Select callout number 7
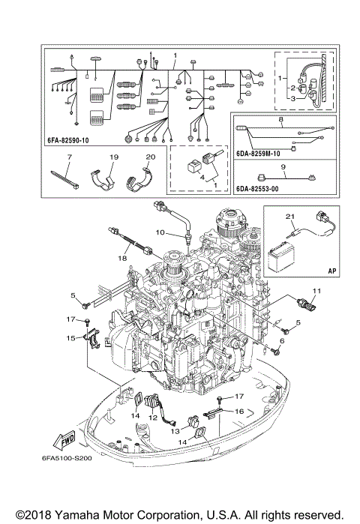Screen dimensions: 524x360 (69, 158)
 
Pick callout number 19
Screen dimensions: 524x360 (114, 158)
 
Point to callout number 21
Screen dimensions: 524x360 (290, 217)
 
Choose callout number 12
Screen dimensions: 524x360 (152, 418)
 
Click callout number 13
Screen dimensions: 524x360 (172, 433)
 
